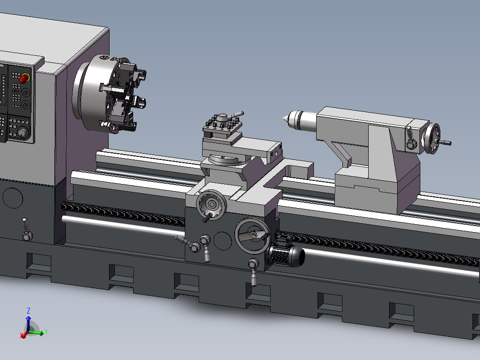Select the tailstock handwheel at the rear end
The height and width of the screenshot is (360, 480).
(432, 139)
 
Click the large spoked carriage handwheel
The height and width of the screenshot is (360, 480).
(252, 235)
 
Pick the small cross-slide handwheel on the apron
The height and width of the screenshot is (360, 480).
(211, 205)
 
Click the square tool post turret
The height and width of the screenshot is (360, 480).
(223, 127)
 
